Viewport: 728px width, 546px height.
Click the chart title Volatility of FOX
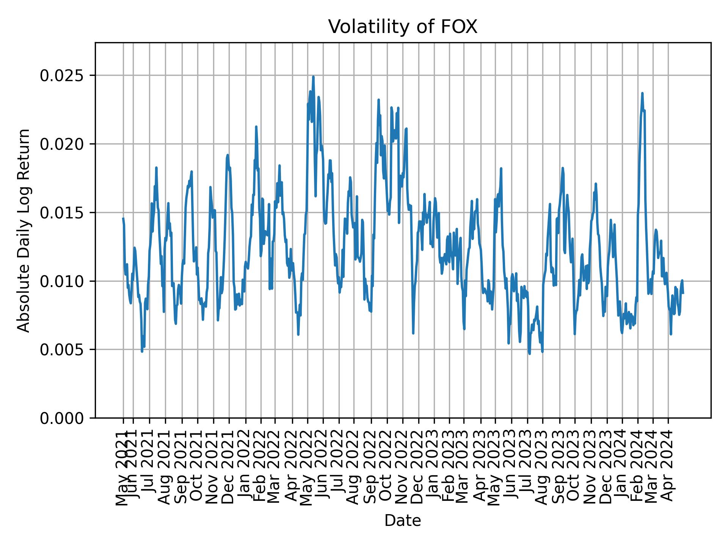403,27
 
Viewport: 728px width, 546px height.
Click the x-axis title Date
403,521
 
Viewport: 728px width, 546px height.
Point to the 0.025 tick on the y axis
62,75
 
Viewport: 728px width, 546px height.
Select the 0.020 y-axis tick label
62,144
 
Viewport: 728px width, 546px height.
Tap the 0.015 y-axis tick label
62,213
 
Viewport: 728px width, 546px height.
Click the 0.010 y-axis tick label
62,281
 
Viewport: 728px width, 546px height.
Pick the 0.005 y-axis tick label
62,350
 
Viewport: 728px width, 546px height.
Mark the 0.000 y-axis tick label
62,418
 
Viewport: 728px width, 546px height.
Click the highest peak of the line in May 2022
313,77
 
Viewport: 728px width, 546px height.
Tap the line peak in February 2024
642,93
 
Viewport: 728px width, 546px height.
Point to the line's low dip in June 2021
142,351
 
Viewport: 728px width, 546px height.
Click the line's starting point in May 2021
123,218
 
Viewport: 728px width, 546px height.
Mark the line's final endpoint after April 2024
683,293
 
